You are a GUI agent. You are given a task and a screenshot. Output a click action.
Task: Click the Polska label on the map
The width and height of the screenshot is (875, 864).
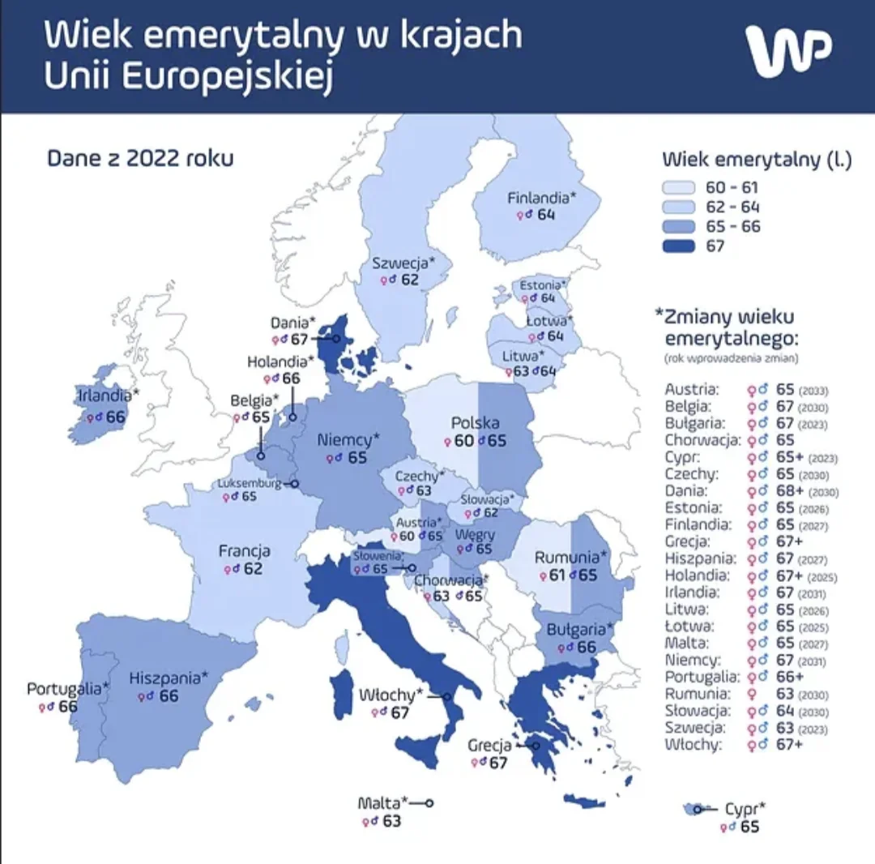[x=475, y=423]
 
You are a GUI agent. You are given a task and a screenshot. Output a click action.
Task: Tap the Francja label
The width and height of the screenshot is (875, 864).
[x=245, y=551]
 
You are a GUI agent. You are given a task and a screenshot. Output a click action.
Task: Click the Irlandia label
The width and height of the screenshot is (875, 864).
[x=109, y=397]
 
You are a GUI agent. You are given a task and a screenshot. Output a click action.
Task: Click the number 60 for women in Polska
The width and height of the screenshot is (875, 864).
[x=463, y=442]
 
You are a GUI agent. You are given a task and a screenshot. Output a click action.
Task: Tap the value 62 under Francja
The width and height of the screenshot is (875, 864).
[x=252, y=569]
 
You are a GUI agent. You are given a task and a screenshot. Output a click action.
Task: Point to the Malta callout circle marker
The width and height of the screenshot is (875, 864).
[x=429, y=802]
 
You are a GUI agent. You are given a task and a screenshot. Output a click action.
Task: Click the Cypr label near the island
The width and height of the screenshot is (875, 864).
[x=745, y=808]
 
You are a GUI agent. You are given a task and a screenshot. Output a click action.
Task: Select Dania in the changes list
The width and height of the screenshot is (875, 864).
[x=685, y=490]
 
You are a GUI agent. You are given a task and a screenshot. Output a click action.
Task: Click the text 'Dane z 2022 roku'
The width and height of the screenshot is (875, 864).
[x=140, y=157]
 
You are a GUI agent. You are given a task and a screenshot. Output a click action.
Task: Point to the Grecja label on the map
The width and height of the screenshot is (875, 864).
[x=489, y=745]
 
